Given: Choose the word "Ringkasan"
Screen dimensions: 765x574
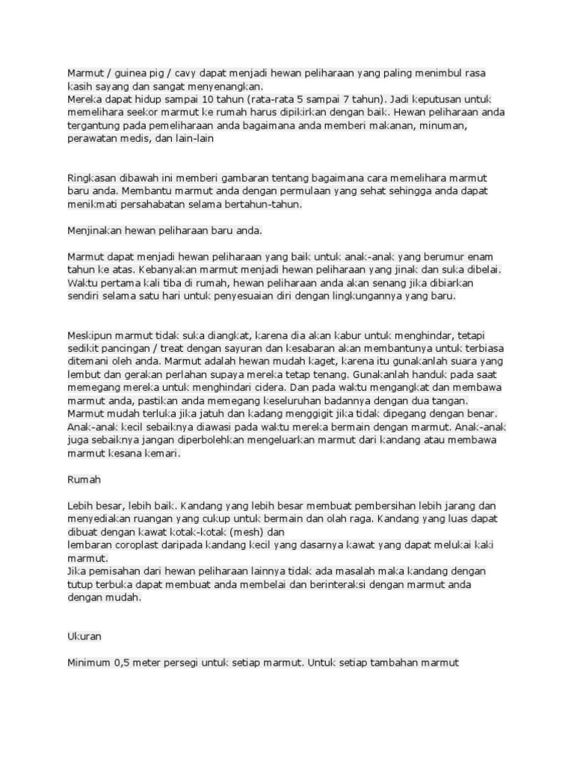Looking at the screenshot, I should (93, 179).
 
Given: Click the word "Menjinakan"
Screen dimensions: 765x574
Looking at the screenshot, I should (95, 231).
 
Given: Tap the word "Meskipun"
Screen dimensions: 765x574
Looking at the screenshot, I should (90, 335).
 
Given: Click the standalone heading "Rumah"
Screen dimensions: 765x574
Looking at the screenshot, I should (84, 479).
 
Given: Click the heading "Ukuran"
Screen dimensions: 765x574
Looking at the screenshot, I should (84, 636).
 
